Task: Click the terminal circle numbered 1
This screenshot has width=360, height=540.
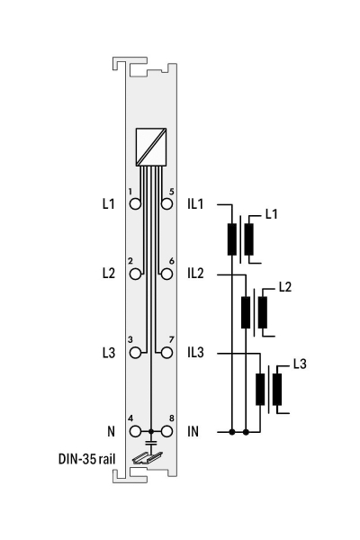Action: click(135, 204)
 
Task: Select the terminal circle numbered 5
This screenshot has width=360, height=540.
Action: click(166, 204)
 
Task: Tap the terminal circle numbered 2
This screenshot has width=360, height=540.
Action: click(135, 274)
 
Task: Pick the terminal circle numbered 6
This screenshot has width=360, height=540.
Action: click(166, 274)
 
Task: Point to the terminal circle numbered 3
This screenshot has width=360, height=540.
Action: click(135, 353)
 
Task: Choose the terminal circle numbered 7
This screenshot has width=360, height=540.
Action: click(166, 353)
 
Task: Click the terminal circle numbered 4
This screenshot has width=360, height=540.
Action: click(135, 431)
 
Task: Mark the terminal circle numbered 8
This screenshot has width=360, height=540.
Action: click(166, 431)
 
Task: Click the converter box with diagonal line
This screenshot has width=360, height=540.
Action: click(151, 147)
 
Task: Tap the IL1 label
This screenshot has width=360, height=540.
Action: click(195, 204)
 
